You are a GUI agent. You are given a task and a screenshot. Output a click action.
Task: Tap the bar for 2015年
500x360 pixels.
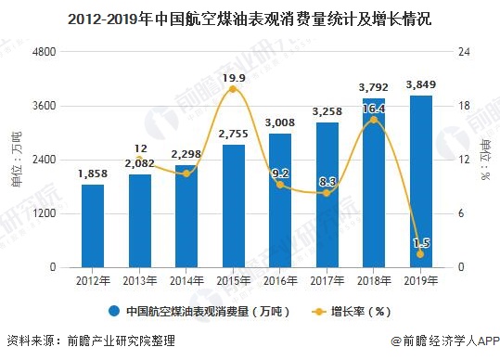pos(234,205)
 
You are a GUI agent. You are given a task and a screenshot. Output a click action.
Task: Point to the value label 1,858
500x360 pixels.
pos(93,174)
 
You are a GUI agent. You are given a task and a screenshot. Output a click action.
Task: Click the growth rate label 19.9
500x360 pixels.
pos(234,78)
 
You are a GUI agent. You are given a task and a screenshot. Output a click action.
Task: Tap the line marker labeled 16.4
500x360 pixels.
pos(374,120)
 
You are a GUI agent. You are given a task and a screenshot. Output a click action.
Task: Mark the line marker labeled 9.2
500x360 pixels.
pos(280,185)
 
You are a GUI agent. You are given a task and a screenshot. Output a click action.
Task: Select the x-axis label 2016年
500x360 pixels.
pos(280,279)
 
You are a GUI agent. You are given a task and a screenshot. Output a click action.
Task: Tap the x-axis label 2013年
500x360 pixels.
pos(140,279)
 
